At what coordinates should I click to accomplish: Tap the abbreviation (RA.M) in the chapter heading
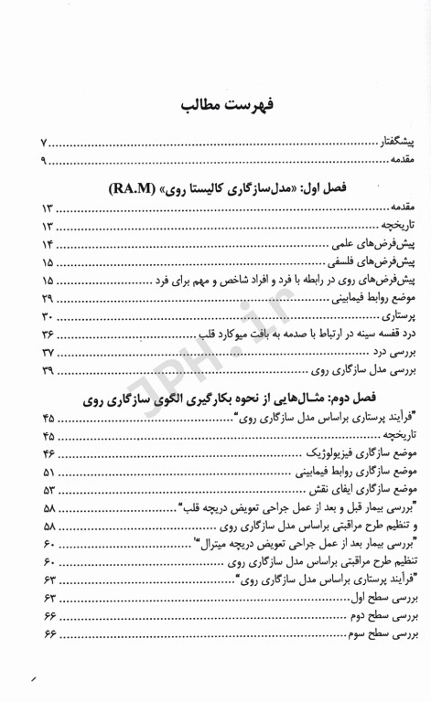coord(135,188)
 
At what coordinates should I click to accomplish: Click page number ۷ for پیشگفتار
coord(48,144)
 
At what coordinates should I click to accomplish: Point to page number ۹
coord(48,161)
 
